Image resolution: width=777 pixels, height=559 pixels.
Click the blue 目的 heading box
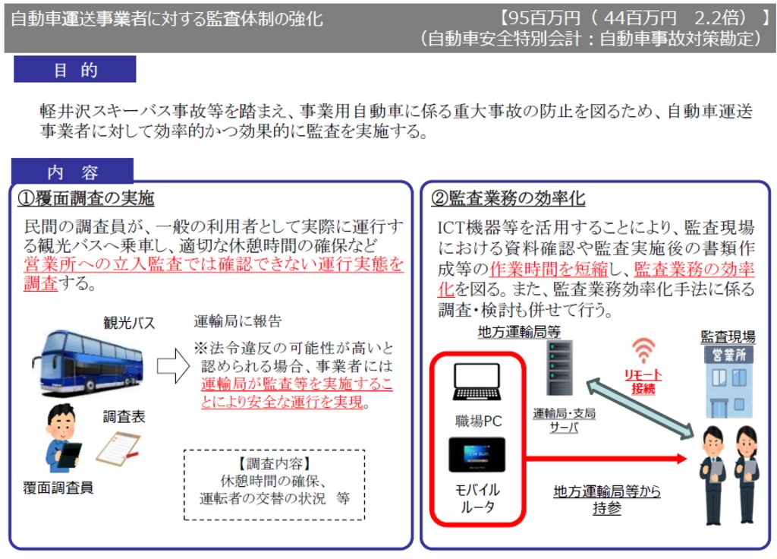(75, 69)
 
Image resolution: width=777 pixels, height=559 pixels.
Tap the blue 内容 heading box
(72, 171)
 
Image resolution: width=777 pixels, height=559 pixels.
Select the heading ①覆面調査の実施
(86, 198)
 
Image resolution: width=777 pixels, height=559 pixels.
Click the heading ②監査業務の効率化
(508, 198)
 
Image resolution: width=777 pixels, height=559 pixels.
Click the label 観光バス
(129, 323)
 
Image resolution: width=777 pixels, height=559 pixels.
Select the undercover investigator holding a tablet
(62, 438)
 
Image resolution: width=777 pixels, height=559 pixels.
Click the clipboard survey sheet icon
(118, 448)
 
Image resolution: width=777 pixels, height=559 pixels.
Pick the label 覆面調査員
(58, 488)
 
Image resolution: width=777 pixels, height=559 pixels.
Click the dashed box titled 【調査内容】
(274, 485)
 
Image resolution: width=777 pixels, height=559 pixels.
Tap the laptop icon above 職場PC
(477, 381)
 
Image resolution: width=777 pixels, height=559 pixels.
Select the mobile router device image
(477, 454)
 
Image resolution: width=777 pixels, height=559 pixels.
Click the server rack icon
(559, 368)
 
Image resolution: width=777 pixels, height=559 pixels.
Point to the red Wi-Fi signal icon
(643, 349)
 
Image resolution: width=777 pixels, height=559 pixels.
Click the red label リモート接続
(643, 381)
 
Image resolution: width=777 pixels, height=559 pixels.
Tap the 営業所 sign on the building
(729, 355)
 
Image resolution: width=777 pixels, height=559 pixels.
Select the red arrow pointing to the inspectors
(606, 458)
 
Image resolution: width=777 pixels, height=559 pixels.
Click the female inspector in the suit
(747, 474)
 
